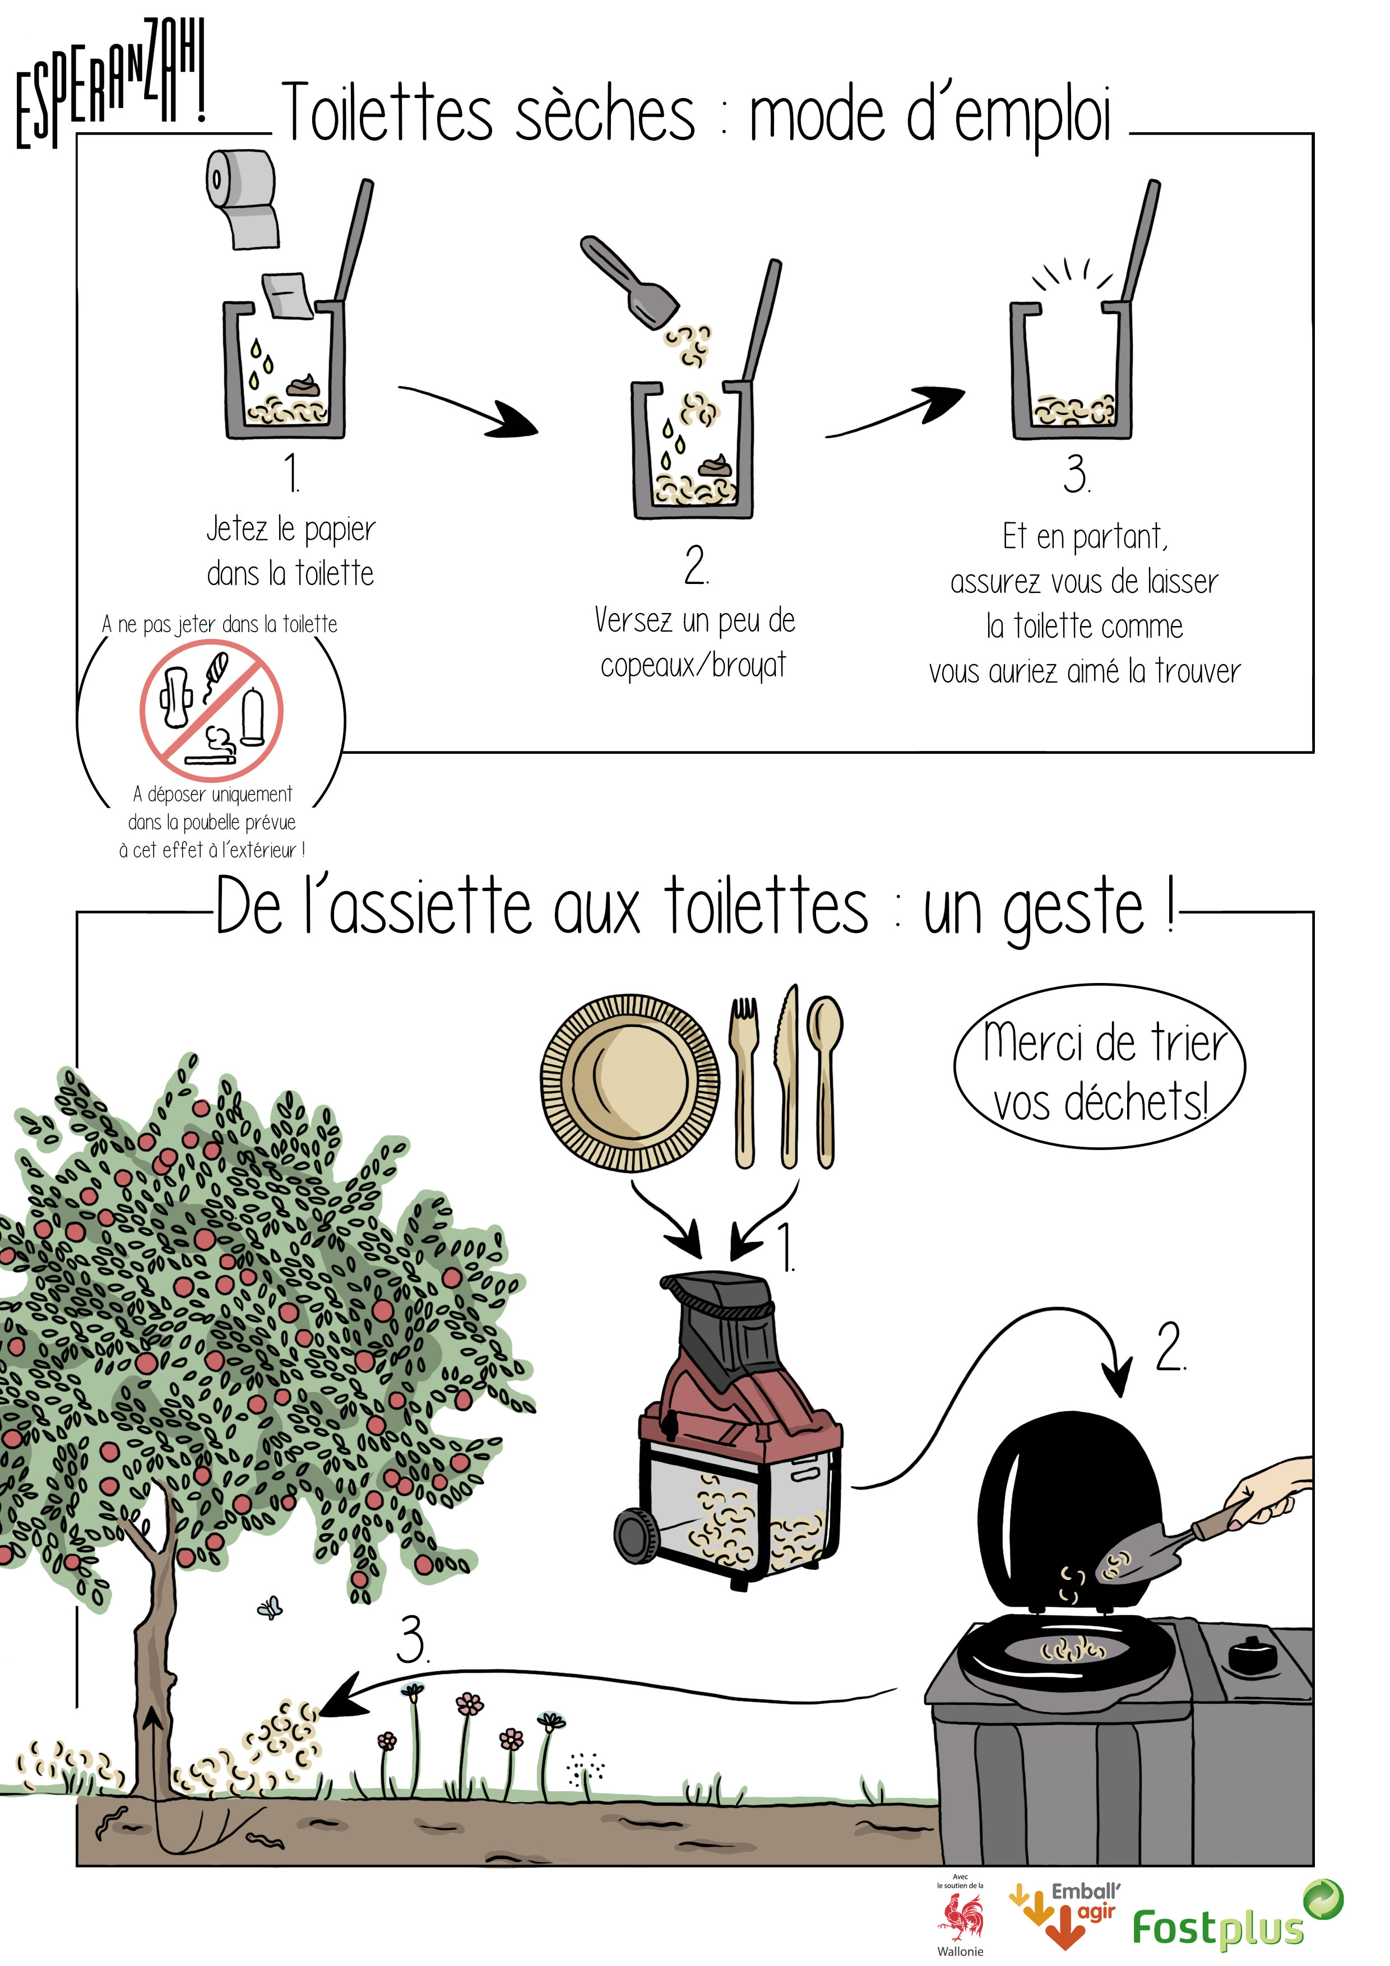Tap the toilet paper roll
[242, 198]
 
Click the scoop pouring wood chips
[629, 282]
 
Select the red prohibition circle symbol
[211, 710]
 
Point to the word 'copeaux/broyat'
[693, 665]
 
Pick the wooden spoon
[824, 1082]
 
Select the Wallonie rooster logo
[961, 1918]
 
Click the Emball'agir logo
[1064, 1914]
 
